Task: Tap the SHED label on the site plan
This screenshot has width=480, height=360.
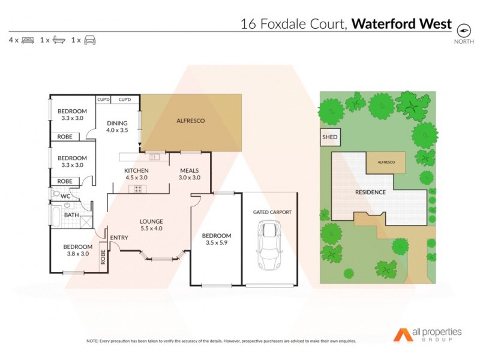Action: pyautogui.click(x=331, y=138)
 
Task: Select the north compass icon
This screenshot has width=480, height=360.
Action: pyautogui.click(x=463, y=31)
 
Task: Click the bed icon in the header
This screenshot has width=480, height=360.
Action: pyautogui.click(x=28, y=40)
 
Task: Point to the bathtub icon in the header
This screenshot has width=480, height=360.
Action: pyautogui.click(x=59, y=40)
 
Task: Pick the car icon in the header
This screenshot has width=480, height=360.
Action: pyautogui.click(x=90, y=40)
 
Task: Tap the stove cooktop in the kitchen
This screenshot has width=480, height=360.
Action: pyautogui.click(x=138, y=189)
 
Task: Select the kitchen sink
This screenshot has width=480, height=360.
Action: pyautogui.click(x=154, y=157)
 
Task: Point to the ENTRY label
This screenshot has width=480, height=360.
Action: pyautogui.click(x=119, y=238)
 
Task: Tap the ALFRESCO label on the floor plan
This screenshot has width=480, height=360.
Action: pyautogui.click(x=190, y=121)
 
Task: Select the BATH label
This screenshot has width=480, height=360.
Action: pyautogui.click(x=71, y=215)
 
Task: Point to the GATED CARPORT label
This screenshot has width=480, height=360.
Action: pyautogui.click(x=272, y=212)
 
